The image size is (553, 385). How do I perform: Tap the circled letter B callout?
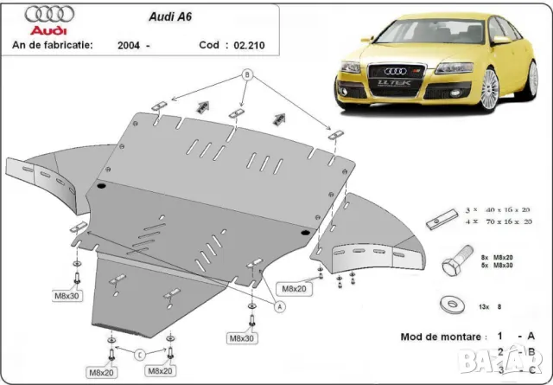tap(247, 74)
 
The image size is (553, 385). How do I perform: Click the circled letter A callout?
tap(279, 305)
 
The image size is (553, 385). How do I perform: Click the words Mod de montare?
tap(439, 336)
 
